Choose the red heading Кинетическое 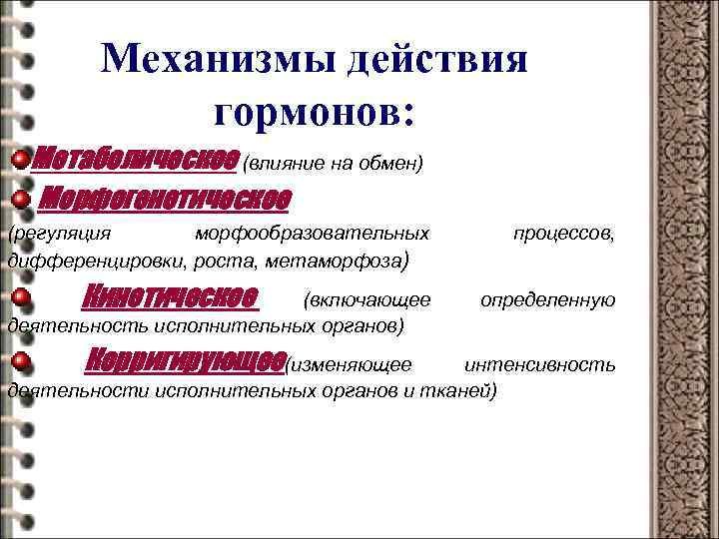171,297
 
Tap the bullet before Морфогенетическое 21,200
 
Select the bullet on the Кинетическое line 21,298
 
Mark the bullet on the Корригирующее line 21,361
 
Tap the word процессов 563,233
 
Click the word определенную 547,299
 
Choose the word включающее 368,299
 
